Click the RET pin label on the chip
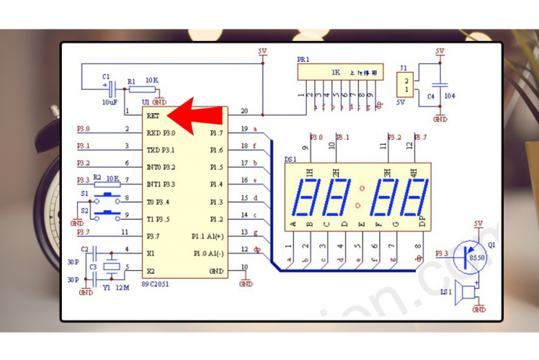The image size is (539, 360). (153, 115)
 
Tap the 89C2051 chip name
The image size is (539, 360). (156, 284)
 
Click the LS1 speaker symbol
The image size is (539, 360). (469, 293)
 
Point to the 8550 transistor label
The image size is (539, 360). (478, 256)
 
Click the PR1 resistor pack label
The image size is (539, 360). (304, 59)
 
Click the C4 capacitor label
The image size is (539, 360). (431, 96)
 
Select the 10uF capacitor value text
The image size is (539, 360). (109, 102)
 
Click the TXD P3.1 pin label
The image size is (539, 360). (161, 150)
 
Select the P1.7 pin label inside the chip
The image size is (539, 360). (216, 133)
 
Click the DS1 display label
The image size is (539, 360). (290, 158)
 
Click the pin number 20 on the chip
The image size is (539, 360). (244, 111)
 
